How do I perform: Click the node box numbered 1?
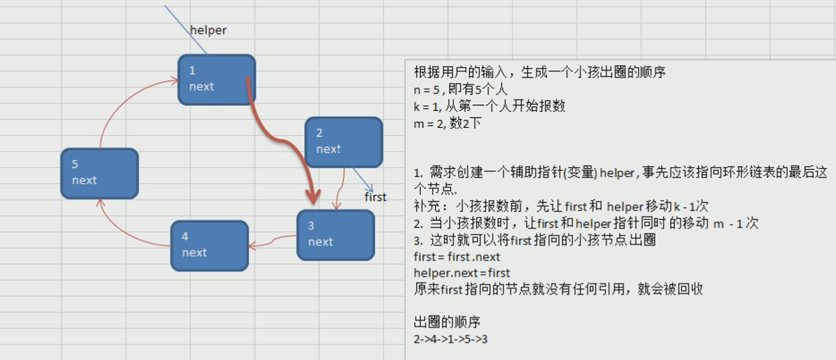216,79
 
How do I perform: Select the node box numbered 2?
343,142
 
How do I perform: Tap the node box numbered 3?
335,235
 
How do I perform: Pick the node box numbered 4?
209,245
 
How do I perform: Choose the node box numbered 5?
99,173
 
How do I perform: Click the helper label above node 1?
208,30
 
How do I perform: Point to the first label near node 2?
375,197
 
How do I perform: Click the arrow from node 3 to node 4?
273,242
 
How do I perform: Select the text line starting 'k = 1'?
489,106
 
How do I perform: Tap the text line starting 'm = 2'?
448,123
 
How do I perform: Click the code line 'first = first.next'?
456,257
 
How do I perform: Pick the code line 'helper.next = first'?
461,273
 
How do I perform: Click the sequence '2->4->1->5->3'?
450,339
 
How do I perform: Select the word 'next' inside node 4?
194,252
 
